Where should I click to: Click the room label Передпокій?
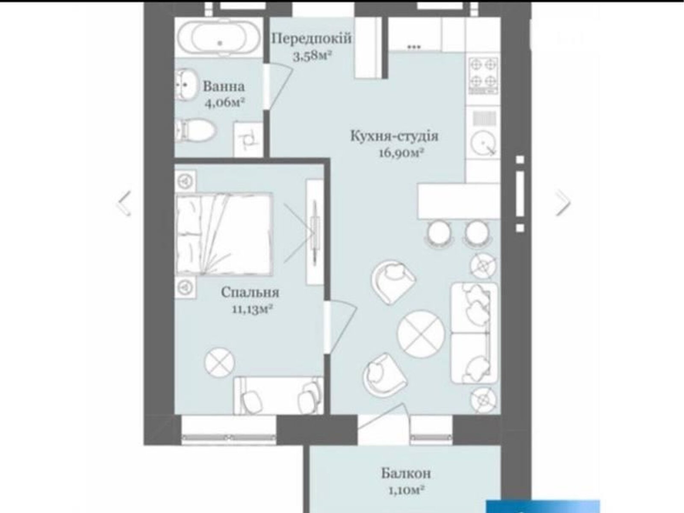312,38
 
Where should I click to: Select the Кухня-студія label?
394,136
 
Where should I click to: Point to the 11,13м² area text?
252,309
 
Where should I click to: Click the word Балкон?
406,473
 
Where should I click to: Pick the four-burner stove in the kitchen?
484,75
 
